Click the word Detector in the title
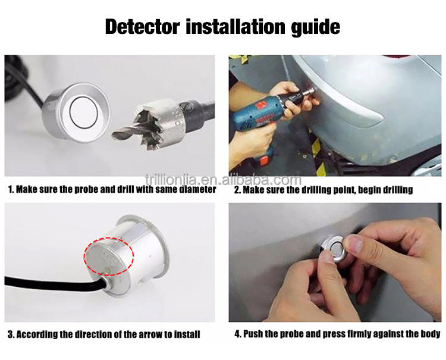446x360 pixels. [143, 27]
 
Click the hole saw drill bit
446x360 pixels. [163, 123]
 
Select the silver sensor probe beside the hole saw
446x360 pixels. [76, 112]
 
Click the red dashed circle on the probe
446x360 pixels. [109, 256]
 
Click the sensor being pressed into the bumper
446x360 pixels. [332, 248]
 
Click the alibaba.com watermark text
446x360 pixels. [223, 180]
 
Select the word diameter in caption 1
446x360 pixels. [197, 189]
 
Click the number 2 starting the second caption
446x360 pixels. [237, 190]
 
